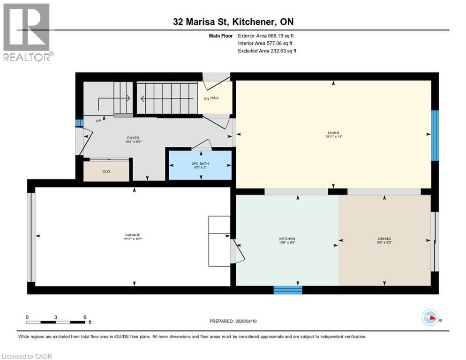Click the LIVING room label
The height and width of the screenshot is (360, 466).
333,133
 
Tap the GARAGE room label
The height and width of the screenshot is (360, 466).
133,235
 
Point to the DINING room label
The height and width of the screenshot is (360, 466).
384,239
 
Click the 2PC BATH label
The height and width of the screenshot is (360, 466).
201,164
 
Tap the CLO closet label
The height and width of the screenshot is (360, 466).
106,172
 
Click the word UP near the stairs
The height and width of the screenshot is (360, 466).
98,120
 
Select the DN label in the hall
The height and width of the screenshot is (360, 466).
206,99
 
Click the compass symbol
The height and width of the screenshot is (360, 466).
430,318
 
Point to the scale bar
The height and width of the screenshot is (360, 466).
56,322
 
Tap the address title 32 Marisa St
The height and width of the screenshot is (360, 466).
233,22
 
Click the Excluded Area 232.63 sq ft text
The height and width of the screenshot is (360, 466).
267,51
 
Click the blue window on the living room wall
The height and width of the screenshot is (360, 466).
435,135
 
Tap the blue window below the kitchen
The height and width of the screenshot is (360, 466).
288,290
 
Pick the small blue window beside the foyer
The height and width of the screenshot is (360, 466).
79,123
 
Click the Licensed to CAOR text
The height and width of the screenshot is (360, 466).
27,356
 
